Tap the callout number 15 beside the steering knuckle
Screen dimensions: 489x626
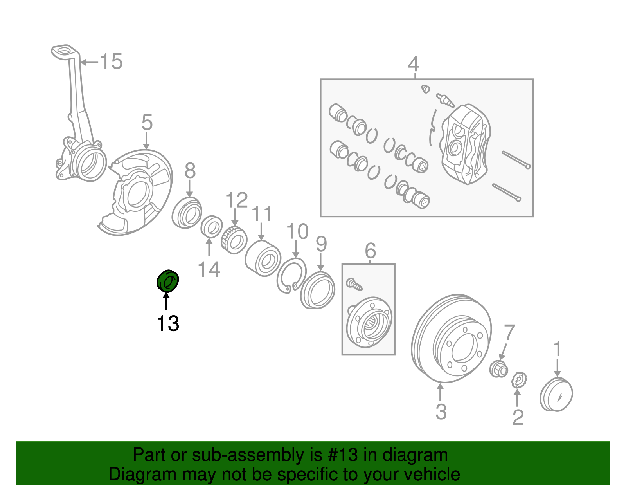(111, 62)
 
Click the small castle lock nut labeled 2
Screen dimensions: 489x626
(520, 380)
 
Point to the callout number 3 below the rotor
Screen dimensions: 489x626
(441, 411)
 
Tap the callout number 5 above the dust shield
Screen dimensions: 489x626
(147, 123)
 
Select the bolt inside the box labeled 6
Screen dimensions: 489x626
(354, 284)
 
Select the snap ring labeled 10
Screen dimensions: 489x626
(291, 276)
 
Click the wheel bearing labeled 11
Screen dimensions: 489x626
(263, 258)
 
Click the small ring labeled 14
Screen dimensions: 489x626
(211, 226)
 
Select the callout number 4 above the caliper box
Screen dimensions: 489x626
(414, 63)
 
